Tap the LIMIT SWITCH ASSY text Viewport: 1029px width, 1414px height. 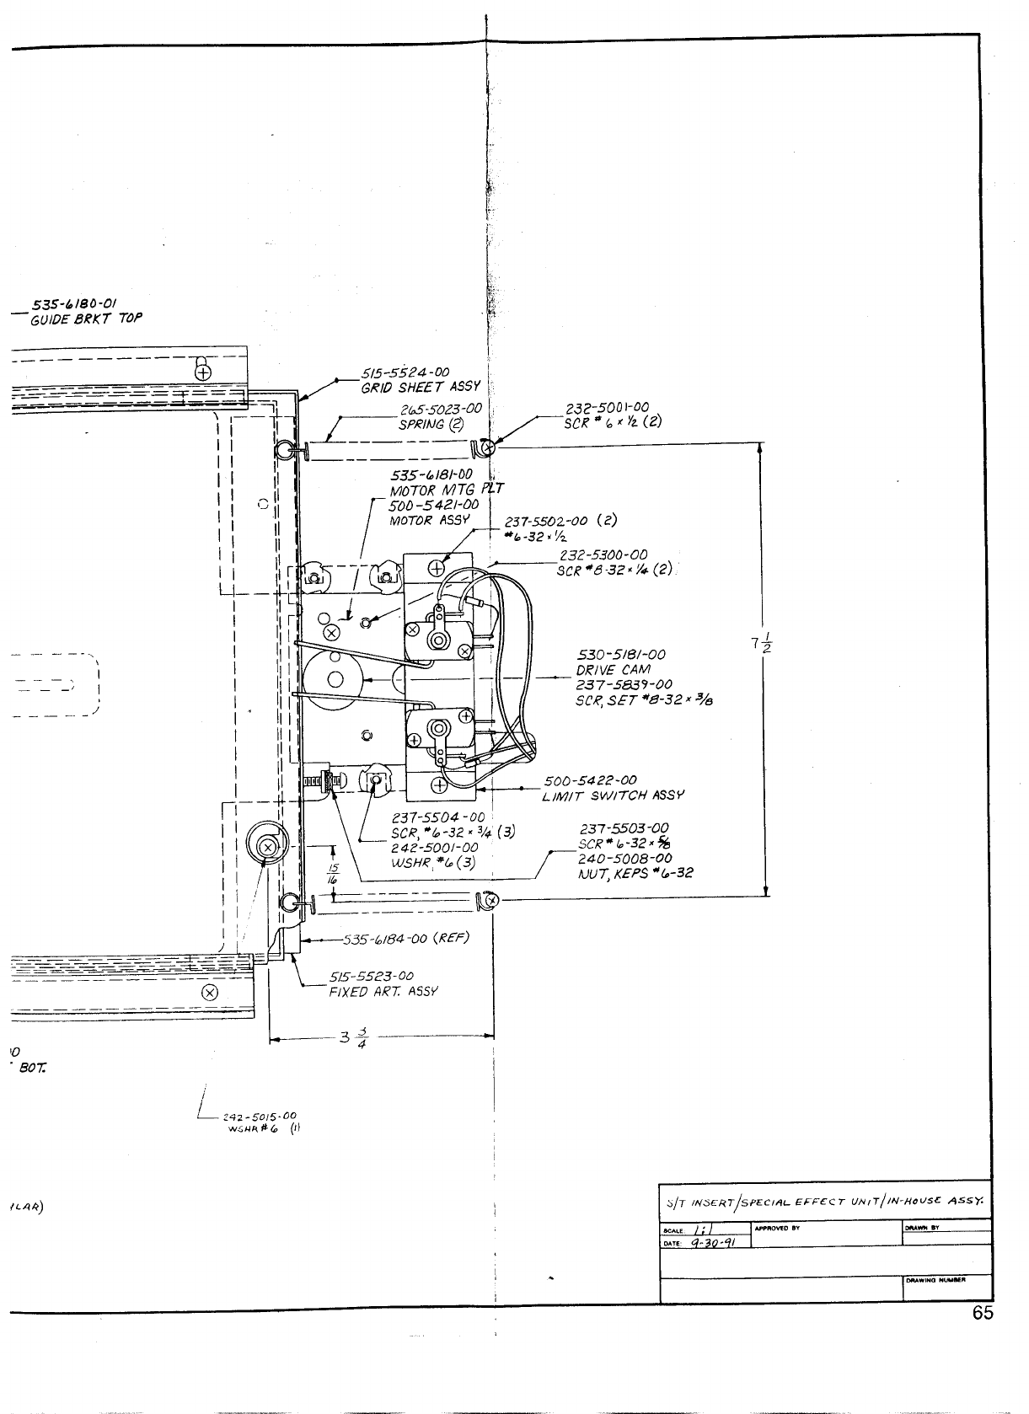[x=614, y=795]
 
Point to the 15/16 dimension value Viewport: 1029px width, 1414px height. [x=334, y=871]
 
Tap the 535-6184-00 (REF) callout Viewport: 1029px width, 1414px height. [x=405, y=938]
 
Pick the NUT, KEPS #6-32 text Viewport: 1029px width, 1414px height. [x=635, y=873]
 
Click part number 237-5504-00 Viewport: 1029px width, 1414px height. [x=438, y=817]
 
